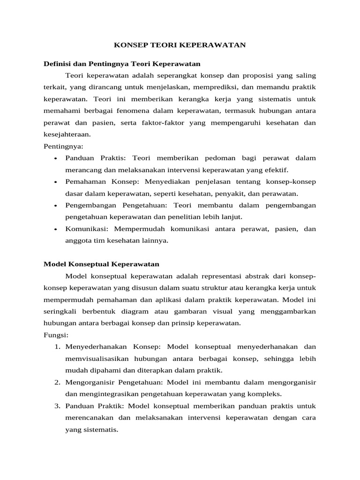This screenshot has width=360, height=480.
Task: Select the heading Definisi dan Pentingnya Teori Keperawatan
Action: pos(122,63)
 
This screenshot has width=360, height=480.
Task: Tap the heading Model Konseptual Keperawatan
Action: pos(101,264)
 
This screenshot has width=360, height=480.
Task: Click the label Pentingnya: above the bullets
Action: pos(63,146)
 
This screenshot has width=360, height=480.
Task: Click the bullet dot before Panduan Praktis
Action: pos(56,158)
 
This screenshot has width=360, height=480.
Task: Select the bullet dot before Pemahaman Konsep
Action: pos(56,182)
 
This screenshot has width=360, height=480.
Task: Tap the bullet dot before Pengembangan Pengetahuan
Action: pos(56,206)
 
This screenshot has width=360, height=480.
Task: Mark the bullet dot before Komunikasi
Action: pos(56,230)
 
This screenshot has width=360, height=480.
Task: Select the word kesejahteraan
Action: pos(66,134)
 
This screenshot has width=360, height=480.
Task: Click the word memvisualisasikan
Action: pos(101,359)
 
